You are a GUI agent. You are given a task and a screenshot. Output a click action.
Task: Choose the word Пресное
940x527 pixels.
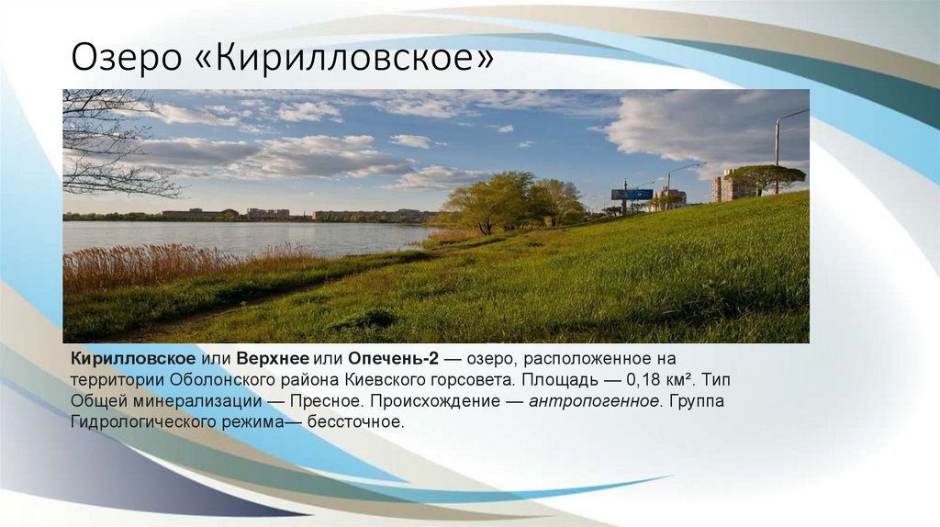pyautogui.click(x=328, y=400)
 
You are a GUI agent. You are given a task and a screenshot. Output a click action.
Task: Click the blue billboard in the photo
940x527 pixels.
pyautogui.click(x=632, y=195)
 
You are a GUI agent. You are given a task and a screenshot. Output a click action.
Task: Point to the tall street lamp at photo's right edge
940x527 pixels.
pyautogui.click(x=778, y=147)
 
